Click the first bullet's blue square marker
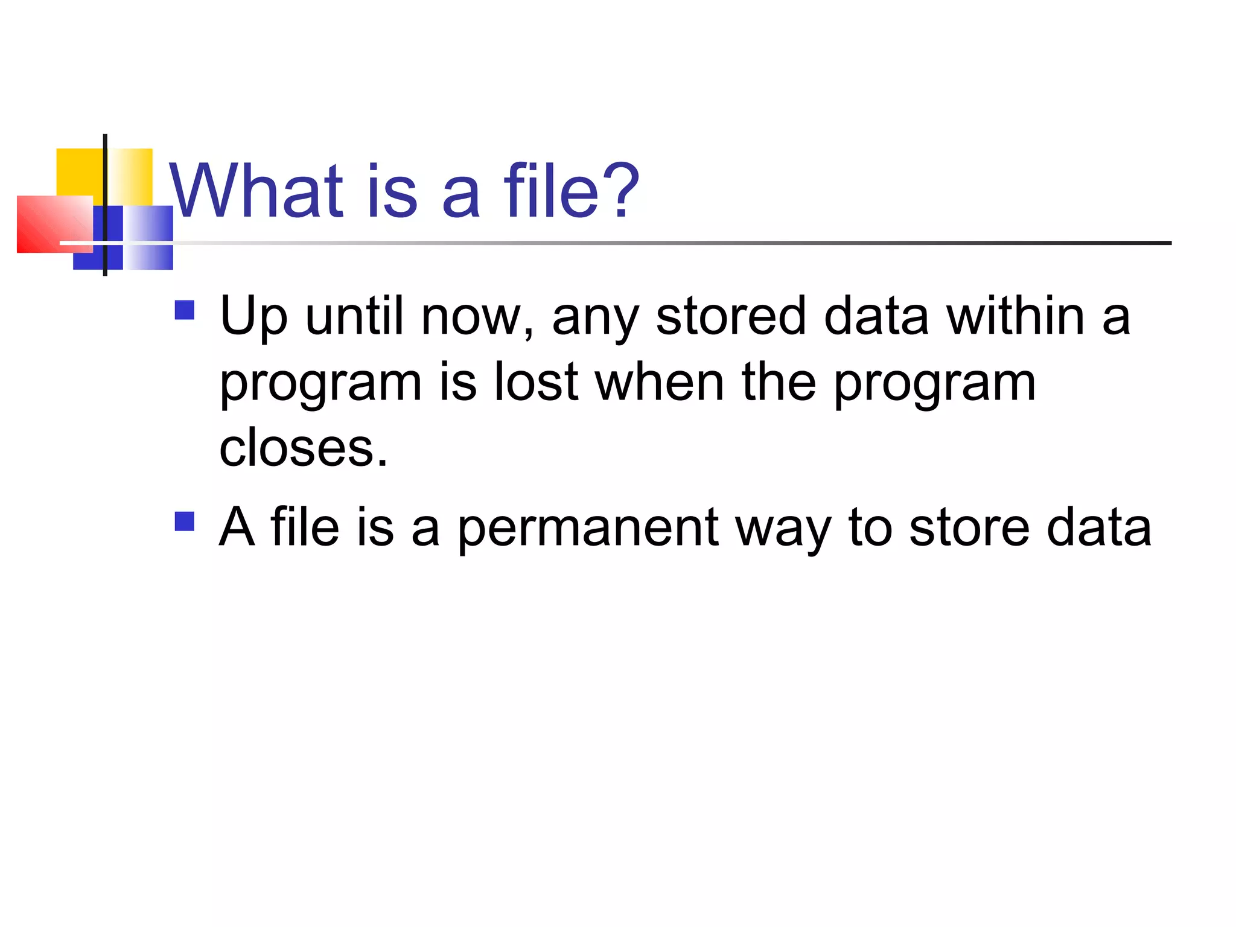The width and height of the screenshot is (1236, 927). tap(184, 310)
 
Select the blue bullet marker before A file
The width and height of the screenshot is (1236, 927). tap(184, 521)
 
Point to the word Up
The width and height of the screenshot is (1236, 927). tap(253, 317)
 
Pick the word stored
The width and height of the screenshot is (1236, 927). tap(731, 316)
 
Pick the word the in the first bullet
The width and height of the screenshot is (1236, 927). tap(779, 383)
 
